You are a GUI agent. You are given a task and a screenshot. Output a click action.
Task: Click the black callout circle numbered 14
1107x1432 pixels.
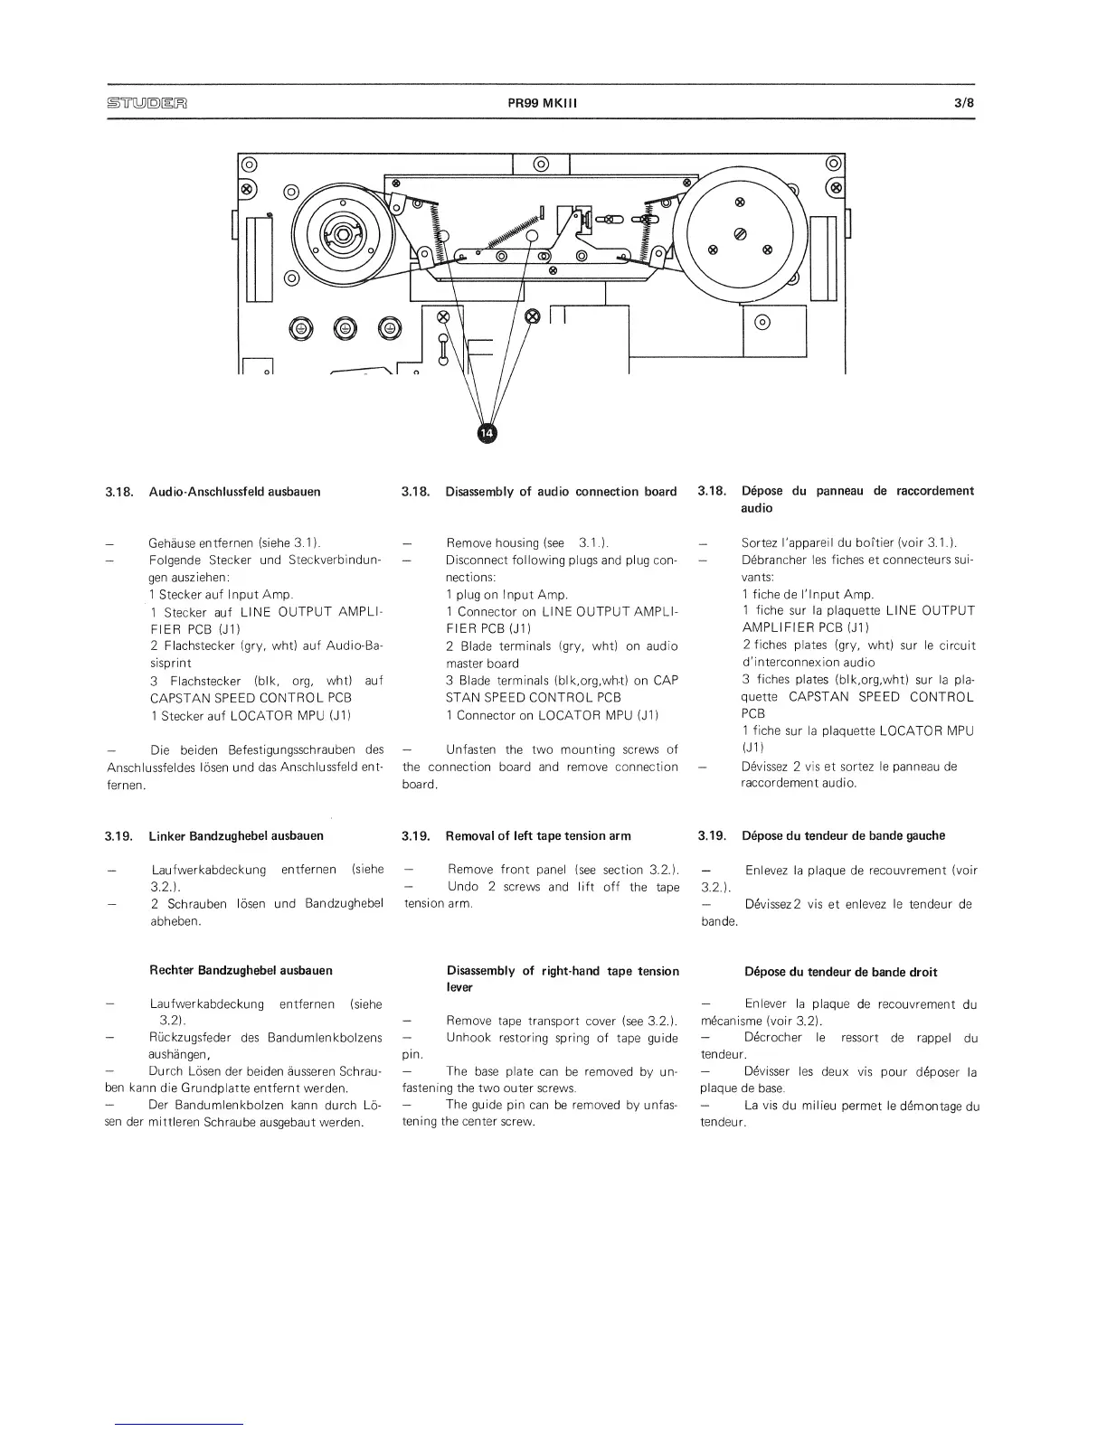pyautogui.click(x=487, y=434)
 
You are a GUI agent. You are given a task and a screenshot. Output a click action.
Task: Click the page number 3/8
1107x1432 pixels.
pyautogui.click(x=964, y=102)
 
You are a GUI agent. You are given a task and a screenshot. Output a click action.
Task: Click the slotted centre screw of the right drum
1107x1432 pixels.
pyautogui.click(x=740, y=233)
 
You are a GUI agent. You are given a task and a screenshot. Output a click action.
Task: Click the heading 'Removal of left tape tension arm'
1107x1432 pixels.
pyautogui.click(x=538, y=835)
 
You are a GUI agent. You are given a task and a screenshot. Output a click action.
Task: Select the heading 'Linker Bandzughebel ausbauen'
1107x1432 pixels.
pyautogui.click(x=235, y=835)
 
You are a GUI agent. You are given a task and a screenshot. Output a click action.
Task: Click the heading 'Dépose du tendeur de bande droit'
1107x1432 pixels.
pyautogui.click(x=840, y=972)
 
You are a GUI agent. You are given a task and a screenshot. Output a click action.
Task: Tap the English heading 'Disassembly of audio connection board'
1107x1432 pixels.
pyautogui.click(x=561, y=491)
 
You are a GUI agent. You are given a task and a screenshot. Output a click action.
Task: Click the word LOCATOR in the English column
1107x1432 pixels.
pyautogui.click(x=568, y=714)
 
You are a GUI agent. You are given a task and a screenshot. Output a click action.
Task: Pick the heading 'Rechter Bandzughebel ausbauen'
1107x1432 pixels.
pyautogui.click(x=241, y=970)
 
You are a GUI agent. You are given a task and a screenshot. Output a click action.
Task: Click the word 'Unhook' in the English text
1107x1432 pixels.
pyautogui.click(x=468, y=1038)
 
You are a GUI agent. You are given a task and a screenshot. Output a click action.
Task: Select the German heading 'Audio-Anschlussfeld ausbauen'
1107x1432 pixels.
pyautogui.click(x=234, y=492)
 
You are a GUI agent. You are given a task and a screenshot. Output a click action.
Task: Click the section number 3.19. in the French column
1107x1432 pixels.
pyautogui.click(x=712, y=835)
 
